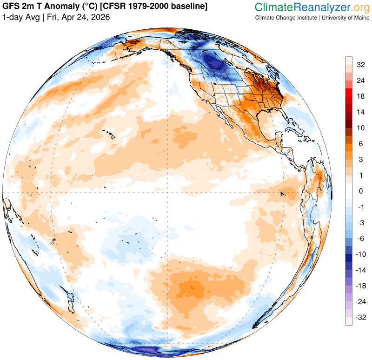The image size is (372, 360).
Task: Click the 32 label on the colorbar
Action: [360, 65]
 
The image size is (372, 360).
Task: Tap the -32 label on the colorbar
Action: [360, 318]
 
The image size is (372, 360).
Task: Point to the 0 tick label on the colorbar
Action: [360, 191]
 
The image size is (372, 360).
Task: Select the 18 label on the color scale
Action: [360, 96]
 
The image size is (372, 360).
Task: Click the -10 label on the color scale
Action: [360, 254]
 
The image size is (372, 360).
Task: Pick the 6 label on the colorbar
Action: [360, 144]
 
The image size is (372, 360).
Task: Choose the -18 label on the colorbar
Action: [360, 286]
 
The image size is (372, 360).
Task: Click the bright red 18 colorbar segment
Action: [348, 96]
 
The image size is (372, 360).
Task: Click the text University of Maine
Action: [344, 18]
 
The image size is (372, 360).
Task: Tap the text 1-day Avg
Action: [20, 17]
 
